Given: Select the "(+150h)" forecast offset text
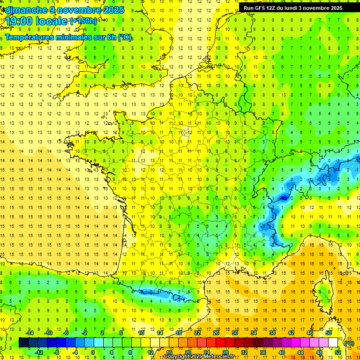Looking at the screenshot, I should point(83,21).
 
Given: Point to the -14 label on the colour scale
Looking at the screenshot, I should point(29,333).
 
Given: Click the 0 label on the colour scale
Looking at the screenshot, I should point(93,352).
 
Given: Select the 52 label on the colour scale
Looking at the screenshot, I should point(338,352).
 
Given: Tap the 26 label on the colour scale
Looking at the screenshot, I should point(216,333).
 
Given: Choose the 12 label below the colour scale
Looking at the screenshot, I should point(150,352).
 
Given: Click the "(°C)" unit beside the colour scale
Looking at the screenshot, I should point(349,343).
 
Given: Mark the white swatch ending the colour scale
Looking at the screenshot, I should point(333,343).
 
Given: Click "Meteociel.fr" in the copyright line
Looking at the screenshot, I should point(223,357).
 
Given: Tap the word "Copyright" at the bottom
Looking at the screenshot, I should point(178,357).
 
